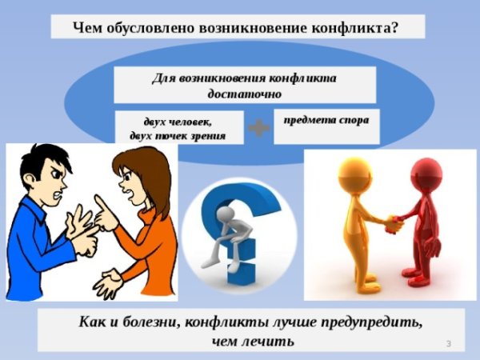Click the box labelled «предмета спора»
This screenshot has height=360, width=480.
[326, 125]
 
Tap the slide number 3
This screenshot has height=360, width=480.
[449, 343]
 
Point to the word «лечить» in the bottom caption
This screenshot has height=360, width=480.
[270, 342]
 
